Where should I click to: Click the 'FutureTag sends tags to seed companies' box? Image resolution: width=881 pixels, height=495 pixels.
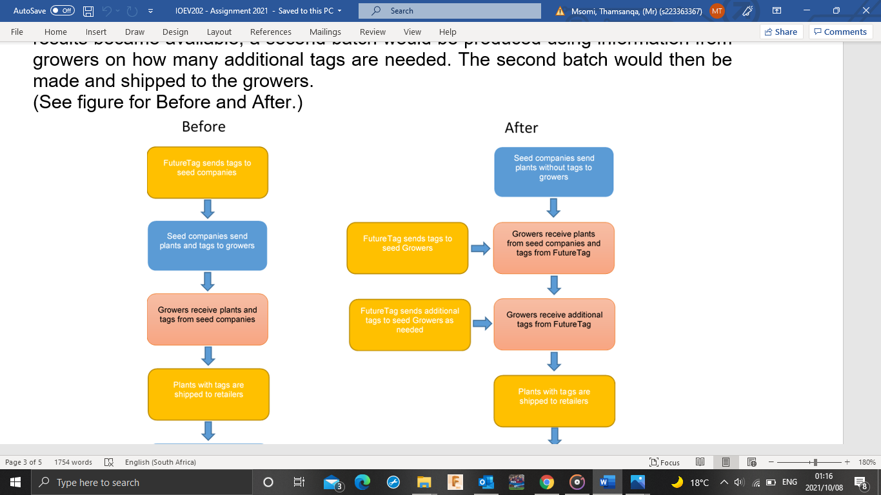pos(207,172)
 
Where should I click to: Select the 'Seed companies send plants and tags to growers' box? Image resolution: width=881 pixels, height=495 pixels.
pos(207,246)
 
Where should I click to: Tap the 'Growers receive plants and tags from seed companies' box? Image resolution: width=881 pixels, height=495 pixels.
pos(207,319)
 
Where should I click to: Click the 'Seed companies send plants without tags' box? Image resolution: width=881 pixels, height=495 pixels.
pos(553,171)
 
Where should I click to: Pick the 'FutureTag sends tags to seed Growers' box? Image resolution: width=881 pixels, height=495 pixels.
pos(407,247)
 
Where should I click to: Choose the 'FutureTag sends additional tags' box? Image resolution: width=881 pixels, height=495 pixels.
pos(410,325)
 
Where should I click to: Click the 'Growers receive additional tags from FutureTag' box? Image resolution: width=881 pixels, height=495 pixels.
pos(554,324)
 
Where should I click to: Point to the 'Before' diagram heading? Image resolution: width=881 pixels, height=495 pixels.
pos(204,126)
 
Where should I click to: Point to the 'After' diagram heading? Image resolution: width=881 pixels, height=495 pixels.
pos(521,128)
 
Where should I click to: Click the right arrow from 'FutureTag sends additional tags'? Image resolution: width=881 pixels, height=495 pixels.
pos(482,323)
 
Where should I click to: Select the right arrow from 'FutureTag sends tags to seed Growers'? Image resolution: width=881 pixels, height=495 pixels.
pos(480,249)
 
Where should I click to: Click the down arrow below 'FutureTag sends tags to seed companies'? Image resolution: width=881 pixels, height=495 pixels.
pos(208,209)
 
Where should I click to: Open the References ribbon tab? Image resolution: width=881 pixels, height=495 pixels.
pos(270,32)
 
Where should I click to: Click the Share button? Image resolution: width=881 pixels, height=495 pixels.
pos(780,32)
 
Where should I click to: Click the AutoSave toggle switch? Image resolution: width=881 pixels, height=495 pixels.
pos(62,11)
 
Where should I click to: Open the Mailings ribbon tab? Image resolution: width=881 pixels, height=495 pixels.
pos(325,32)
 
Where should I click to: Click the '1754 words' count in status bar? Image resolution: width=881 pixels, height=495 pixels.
pos(73,462)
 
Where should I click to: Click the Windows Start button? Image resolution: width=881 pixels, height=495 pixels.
pos(15,482)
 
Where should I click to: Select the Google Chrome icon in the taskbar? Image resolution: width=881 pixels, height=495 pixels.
pos(546,482)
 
